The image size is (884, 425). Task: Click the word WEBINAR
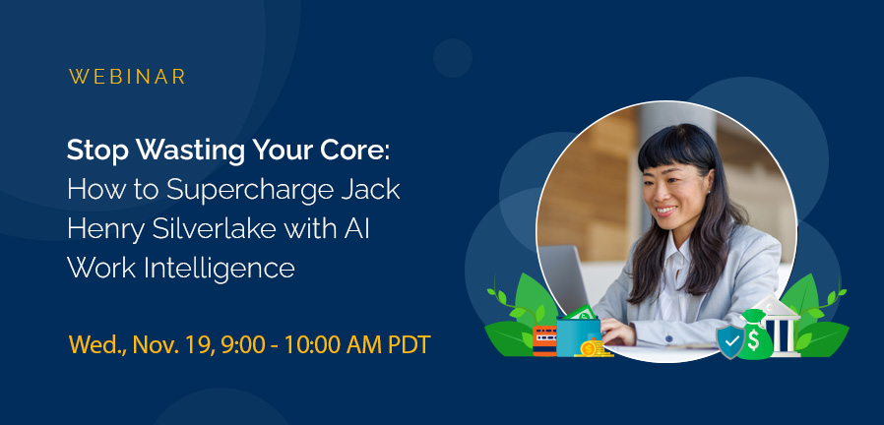(128, 77)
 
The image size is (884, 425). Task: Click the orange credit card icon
(543, 340)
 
